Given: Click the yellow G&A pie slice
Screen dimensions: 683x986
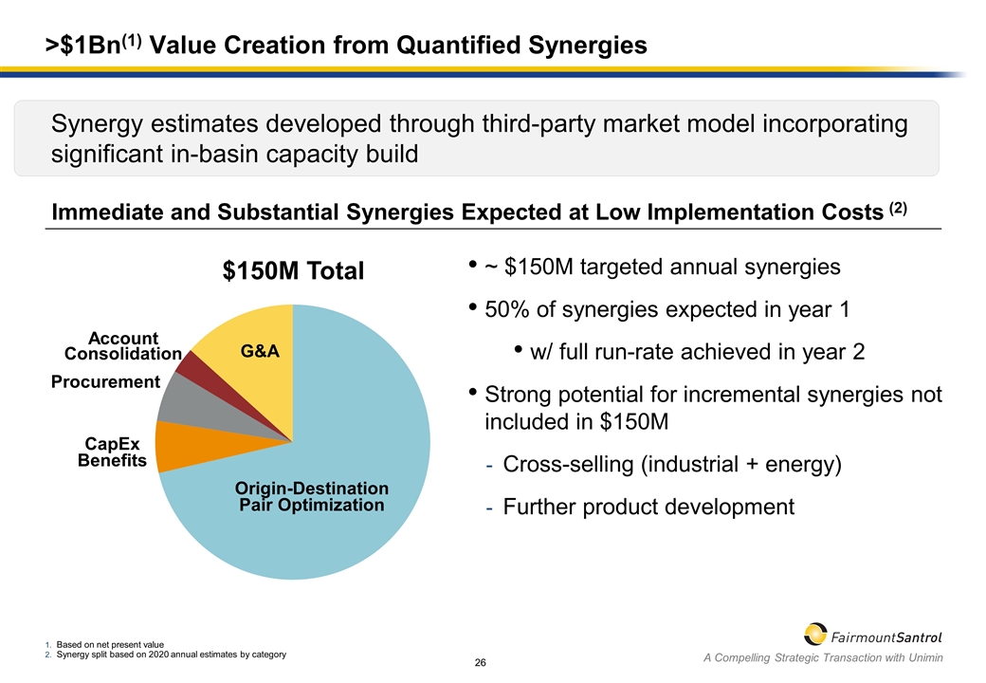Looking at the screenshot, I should tap(248, 337).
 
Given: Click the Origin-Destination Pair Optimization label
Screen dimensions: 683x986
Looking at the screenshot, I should tap(312, 496).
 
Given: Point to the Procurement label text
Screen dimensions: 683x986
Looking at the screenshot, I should tap(105, 382).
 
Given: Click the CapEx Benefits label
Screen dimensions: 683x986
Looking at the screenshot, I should tap(113, 452).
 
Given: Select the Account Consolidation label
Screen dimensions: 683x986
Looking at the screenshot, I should tap(123, 346).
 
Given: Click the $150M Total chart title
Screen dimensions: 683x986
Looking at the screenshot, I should tap(293, 271).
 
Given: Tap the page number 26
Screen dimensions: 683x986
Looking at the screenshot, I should tap(481, 662).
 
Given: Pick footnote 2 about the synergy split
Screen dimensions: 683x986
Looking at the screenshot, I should tap(171, 655).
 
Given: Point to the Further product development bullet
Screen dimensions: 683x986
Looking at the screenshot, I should tap(648, 508).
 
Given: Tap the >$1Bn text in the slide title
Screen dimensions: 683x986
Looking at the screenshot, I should tap(87, 45).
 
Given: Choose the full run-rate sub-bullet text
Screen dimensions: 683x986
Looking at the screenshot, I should tap(697, 352).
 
